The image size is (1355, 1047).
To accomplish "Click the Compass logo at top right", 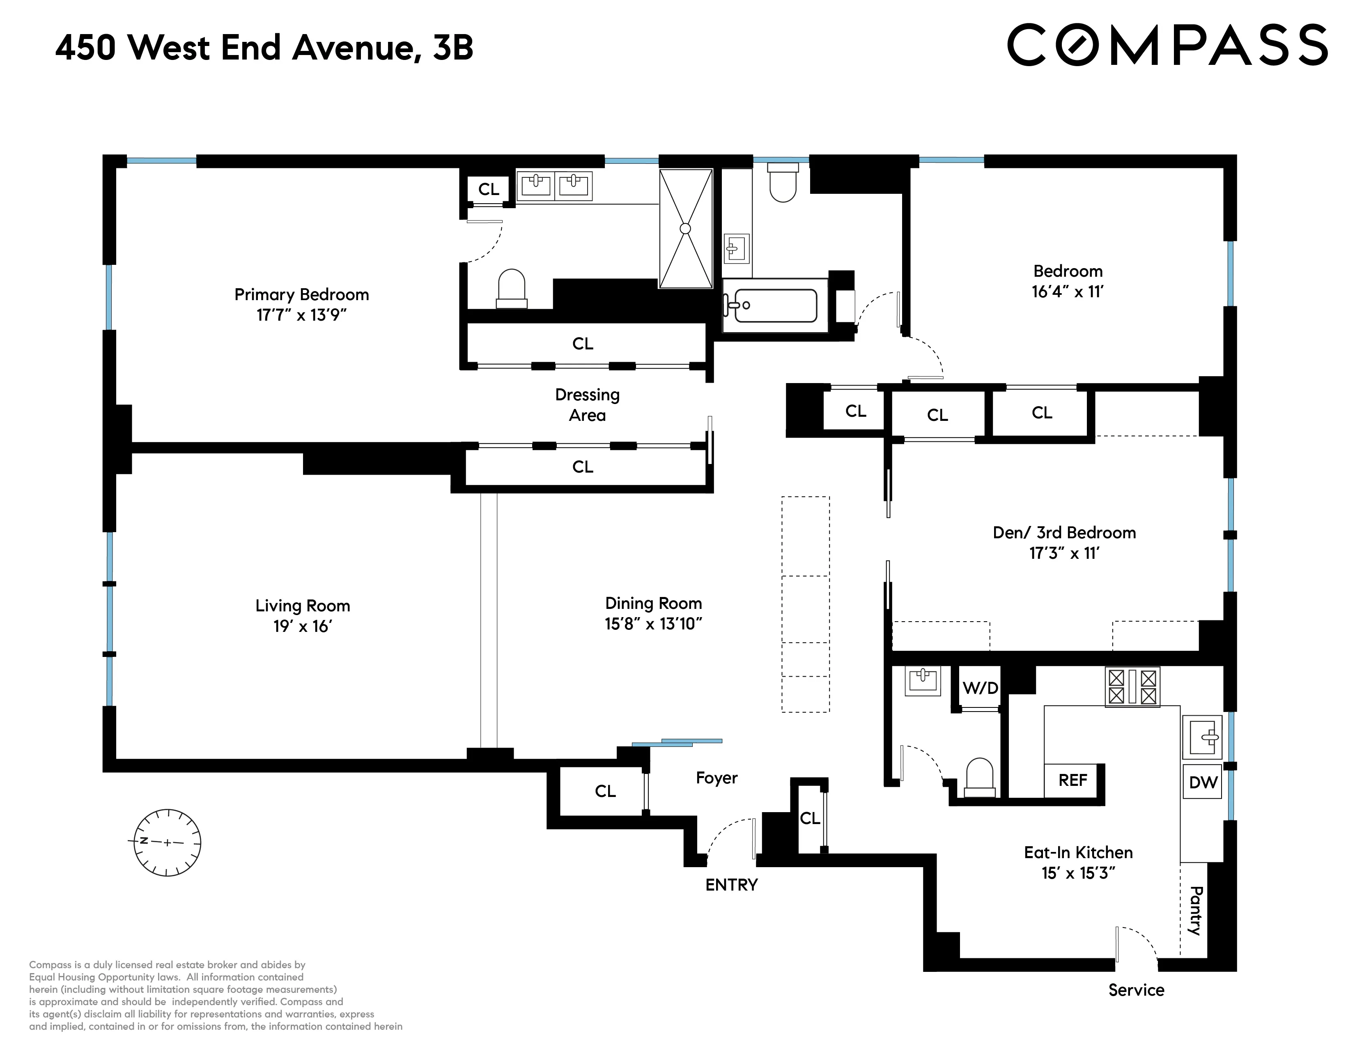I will pos(1167,45).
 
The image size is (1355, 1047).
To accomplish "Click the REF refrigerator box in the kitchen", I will pos(1073,780).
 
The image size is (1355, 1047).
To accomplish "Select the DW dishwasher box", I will pos(1202,782).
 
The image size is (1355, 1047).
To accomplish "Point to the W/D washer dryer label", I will pos(980,687).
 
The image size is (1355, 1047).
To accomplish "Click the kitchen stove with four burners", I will pos(1132,687).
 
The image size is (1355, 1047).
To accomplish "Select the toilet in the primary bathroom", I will pos(512,288).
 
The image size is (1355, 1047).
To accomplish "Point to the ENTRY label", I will pos(731,884).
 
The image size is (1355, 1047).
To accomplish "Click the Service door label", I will pos(1136,990).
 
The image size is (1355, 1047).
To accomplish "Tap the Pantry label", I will pos(1195,911).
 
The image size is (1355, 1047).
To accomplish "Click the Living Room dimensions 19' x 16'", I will pos(303,627).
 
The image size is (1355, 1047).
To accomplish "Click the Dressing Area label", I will pos(587,405).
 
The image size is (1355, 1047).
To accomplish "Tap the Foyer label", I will pos(717,778).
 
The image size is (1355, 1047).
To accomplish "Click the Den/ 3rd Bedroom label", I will pos(1064,532).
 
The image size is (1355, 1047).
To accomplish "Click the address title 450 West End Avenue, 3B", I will pos(264,48).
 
